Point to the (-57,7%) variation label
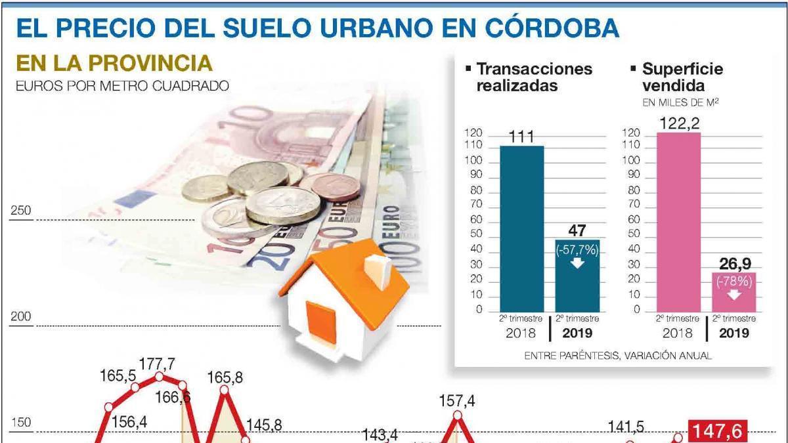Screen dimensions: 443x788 [577, 249]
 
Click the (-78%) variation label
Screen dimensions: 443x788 [734, 281]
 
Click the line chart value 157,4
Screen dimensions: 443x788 [458, 400]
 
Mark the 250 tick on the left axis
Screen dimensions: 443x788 [22, 211]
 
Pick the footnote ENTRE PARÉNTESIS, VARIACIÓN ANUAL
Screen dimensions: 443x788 [618, 355]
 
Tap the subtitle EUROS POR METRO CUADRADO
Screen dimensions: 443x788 [122, 85]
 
